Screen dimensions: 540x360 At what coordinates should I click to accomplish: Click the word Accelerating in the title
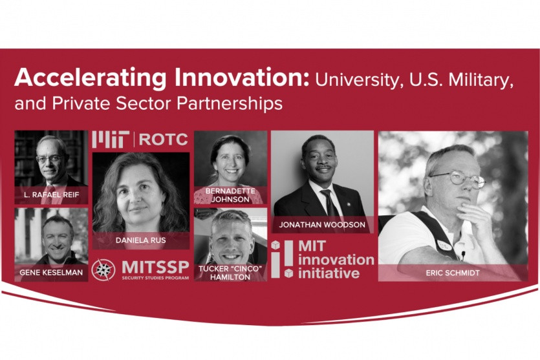click(x=91, y=79)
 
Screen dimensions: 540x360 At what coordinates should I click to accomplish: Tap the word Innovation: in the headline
click(x=242, y=78)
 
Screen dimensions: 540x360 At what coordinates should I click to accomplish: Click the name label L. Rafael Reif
click(x=52, y=195)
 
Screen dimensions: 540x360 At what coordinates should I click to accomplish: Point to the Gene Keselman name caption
click(x=51, y=273)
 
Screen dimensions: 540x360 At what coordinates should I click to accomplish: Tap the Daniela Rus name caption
click(x=141, y=240)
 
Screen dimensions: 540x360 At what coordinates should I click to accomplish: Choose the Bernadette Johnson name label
click(x=230, y=195)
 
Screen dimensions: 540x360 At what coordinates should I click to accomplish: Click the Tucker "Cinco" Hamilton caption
click(x=230, y=273)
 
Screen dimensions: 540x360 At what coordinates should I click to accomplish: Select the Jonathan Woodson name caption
click(x=322, y=225)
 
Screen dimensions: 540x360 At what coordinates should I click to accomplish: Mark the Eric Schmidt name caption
click(x=453, y=273)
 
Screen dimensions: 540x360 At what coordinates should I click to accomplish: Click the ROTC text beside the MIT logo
click(x=163, y=140)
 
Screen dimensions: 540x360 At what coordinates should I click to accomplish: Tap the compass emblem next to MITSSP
click(x=103, y=270)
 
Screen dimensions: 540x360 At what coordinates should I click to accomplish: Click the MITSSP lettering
click(x=155, y=268)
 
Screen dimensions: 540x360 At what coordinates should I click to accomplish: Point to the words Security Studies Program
click(x=155, y=278)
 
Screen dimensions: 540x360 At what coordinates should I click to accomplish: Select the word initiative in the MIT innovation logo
click(x=329, y=273)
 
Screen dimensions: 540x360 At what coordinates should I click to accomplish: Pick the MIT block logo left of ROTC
click(x=111, y=140)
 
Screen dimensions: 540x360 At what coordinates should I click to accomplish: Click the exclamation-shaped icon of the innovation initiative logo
click(x=283, y=259)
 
